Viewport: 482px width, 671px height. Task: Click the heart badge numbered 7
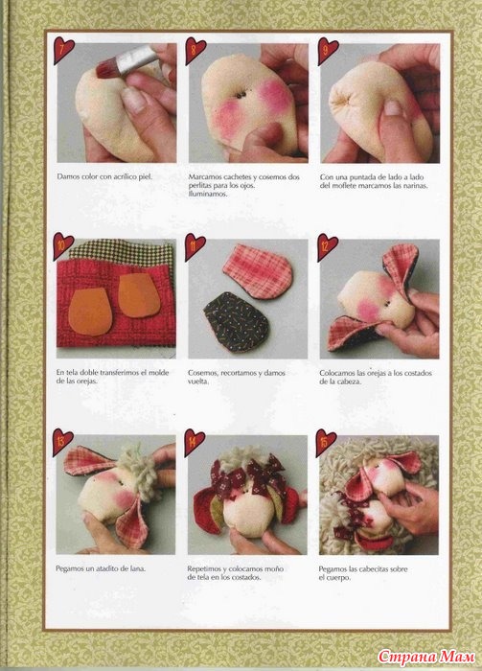pyautogui.click(x=63, y=51)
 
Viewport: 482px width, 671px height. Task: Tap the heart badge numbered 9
pyautogui.click(x=327, y=51)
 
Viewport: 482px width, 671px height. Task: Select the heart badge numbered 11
pyautogui.click(x=195, y=247)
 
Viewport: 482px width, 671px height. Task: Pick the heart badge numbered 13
pyautogui.click(x=62, y=443)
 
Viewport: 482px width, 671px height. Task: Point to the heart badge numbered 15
pyautogui.click(x=326, y=443)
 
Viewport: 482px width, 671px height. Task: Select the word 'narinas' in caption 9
pyautogui.click(x=415, y=186)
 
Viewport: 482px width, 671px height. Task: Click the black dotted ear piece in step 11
pyautogui.click(x=236, y=321)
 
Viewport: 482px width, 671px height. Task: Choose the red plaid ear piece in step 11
pyautogui.click(x=258, y=271)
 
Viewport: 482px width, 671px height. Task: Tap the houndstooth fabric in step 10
pyautogui.click(x=122, y=251)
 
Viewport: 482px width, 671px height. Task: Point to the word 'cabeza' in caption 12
pyautogui.click(x=349, y=382)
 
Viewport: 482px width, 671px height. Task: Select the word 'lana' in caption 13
pyautogui.click(x=138, y=568)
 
